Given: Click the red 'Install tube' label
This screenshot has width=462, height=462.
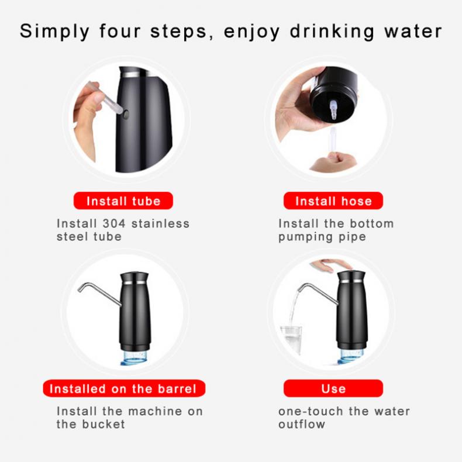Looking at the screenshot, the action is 123,201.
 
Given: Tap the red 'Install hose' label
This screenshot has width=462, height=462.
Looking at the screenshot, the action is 333,201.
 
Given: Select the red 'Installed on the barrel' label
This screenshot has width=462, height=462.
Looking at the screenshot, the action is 124,388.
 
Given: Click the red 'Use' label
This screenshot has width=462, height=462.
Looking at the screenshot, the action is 333,388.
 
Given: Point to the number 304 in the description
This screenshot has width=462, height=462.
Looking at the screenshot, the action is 114,223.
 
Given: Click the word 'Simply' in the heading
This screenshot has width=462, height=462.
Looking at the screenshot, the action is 54,31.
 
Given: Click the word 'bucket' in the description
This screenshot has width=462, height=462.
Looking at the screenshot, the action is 103,424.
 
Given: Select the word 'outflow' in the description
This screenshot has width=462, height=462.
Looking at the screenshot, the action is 302,424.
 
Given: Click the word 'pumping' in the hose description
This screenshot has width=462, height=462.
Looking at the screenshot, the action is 304,237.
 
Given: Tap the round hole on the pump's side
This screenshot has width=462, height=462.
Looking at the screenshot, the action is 126,114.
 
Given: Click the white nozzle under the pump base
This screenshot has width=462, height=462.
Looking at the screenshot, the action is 333,109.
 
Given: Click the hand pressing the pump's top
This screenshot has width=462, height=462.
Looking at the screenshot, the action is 331,266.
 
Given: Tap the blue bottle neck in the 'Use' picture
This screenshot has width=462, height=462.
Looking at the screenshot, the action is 351,356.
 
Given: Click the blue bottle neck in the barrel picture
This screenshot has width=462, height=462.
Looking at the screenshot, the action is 135,357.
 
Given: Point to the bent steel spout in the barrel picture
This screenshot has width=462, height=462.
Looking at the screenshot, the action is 99,294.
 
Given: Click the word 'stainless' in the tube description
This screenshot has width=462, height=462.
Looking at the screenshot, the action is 160,223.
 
